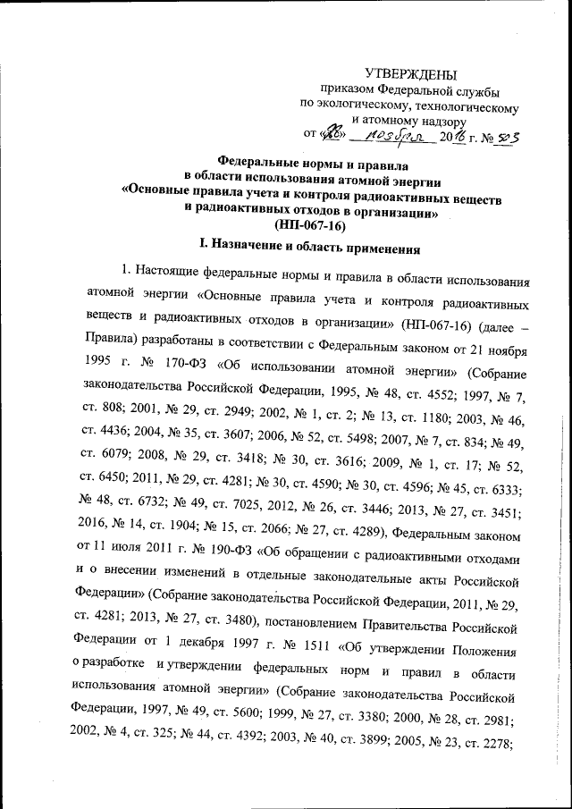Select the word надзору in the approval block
(439, 119)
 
